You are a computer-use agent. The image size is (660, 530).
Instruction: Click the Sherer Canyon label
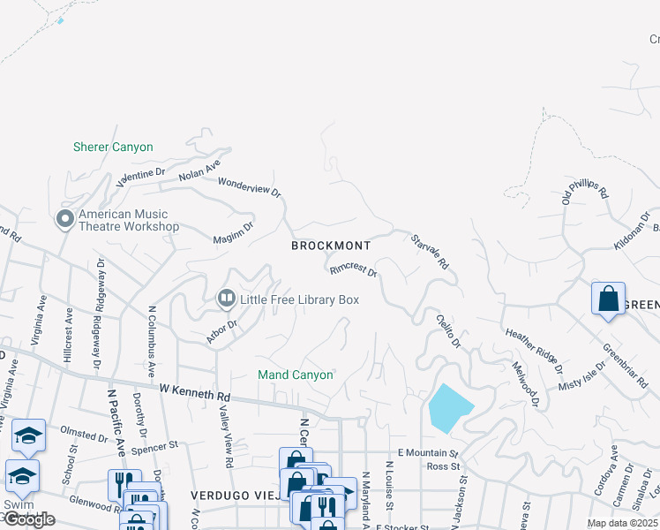113,148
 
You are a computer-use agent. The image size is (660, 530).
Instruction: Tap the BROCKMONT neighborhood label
331,246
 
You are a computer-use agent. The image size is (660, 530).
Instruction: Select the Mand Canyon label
296,375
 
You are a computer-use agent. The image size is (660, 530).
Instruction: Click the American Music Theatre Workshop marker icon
64,218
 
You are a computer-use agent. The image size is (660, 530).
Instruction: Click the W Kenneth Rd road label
195,390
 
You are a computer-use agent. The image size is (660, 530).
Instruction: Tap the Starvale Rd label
431,252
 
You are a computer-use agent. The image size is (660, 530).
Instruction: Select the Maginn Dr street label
234,232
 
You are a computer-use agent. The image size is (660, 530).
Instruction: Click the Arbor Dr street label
221,331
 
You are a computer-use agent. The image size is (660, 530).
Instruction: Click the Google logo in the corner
29,519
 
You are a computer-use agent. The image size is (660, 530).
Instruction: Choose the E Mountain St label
430,451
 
